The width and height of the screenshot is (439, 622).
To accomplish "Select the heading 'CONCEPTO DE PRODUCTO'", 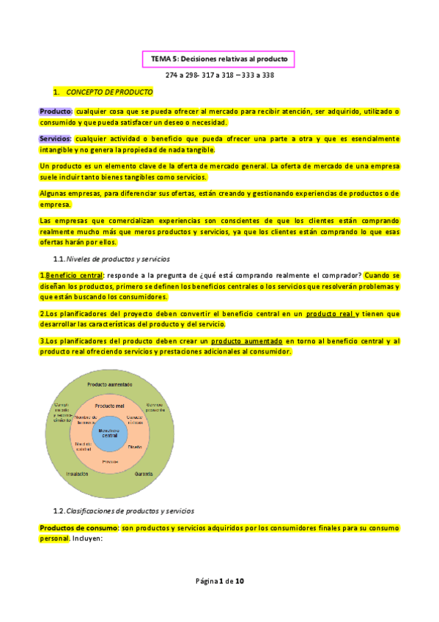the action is [x=109, y=93].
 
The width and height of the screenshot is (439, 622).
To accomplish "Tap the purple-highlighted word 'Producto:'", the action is [x=56, y=111].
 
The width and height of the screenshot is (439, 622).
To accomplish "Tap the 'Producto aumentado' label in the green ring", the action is [x=110, y=384].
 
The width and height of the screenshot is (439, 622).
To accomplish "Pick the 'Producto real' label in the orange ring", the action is [x=111, y=406].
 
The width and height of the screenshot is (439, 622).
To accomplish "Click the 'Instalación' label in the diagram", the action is [x=77, y=474].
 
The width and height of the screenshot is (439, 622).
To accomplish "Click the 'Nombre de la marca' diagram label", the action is [x=86, y=420].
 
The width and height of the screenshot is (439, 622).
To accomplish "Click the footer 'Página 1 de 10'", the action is [x=219, y=581].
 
